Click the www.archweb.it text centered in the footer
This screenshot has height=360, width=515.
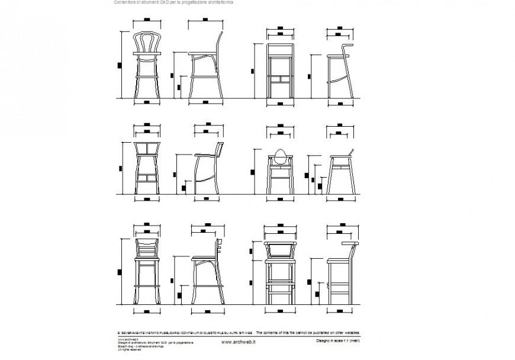239,342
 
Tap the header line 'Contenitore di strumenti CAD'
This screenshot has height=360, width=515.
173,3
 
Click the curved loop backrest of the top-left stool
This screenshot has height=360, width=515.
146,43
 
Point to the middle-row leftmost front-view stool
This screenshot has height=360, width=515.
146,169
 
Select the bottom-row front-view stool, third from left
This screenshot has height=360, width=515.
281,272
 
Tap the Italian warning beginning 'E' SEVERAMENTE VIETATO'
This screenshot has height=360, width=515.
185,333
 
